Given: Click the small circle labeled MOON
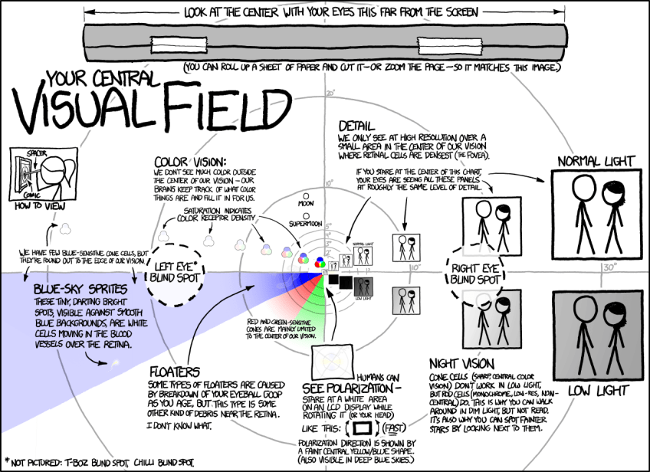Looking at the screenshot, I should [x=306, y=196].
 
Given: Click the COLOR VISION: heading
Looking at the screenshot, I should [x=190, y=162].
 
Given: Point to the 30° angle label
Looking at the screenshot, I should [x=609, y=269].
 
